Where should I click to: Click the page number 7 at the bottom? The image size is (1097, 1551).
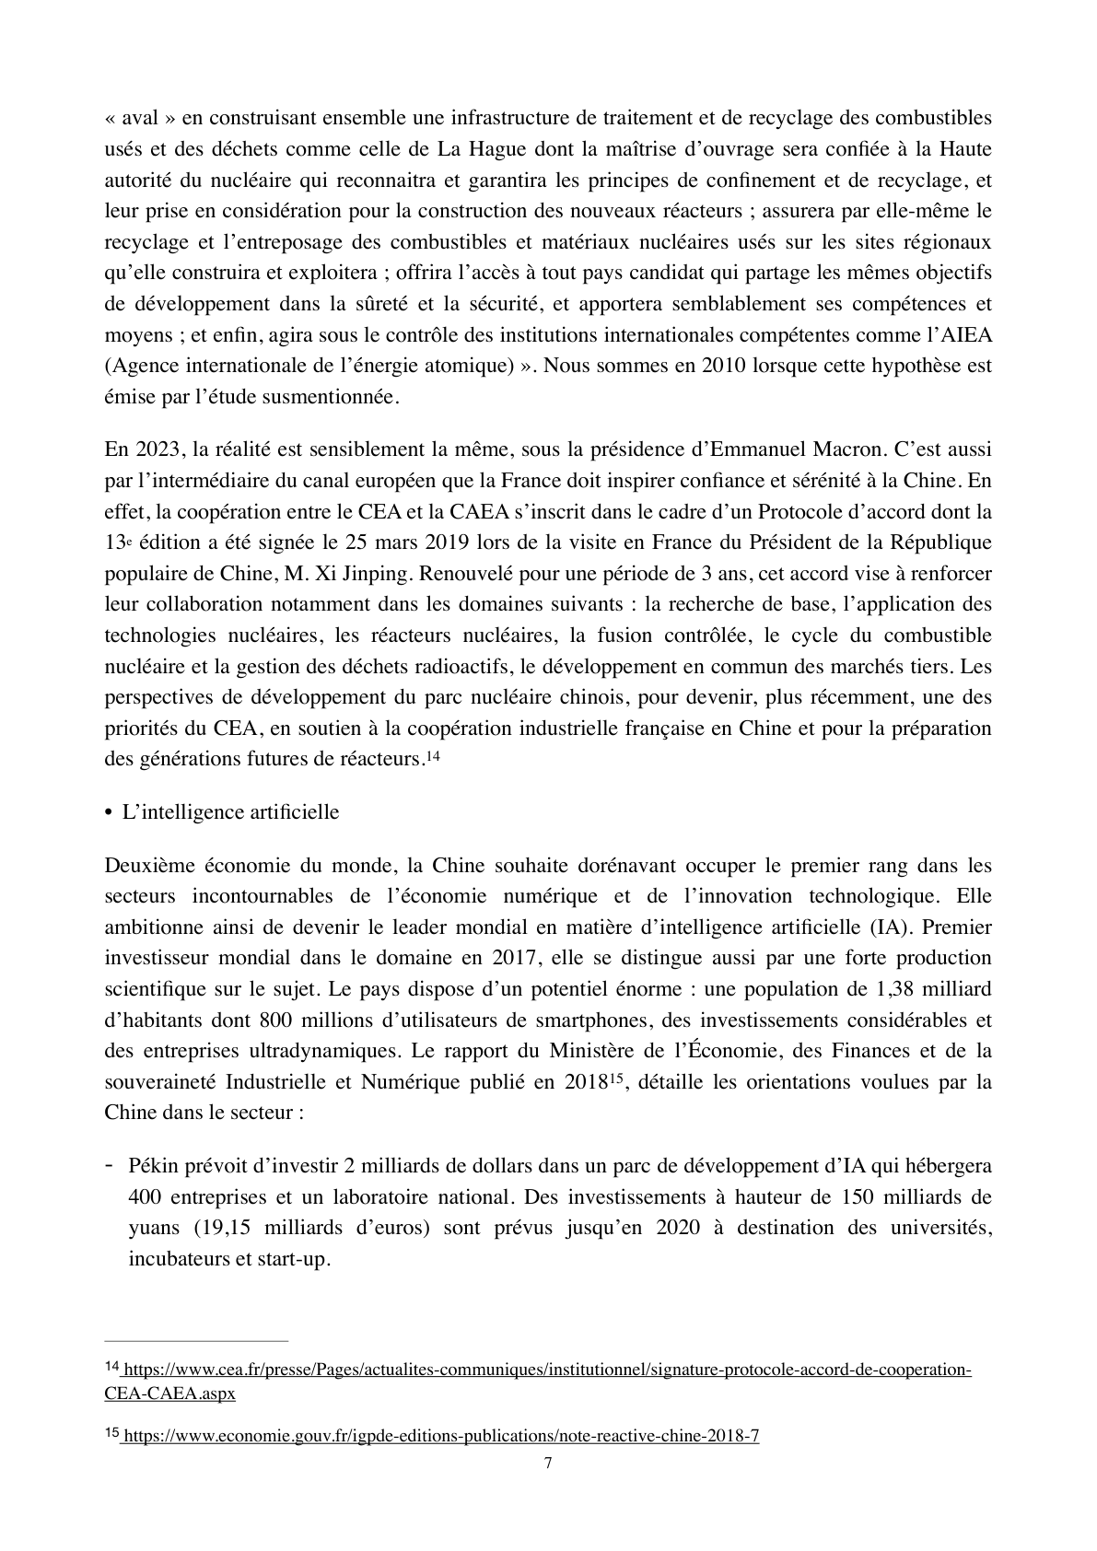pos(548,1463)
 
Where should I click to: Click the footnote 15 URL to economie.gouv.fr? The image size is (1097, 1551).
pos(440,1436)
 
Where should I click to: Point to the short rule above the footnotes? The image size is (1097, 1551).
pos(196,1341)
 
